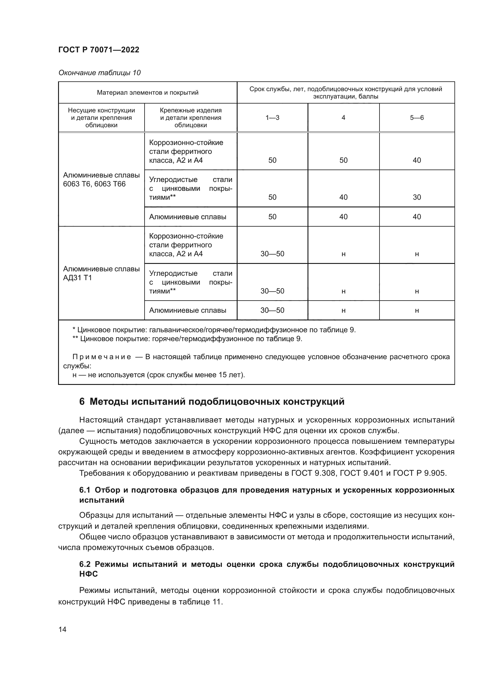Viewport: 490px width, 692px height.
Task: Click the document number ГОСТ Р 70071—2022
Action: tap(99, 50)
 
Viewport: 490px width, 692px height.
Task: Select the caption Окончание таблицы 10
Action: tap(99, 73)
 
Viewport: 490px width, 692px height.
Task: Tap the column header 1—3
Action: tap(272, 117)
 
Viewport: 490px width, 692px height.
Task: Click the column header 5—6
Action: tap(417, 117)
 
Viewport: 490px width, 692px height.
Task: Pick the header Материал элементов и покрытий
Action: tap(148, 93)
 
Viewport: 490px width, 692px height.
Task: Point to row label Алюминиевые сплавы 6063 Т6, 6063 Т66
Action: tap(101, 180)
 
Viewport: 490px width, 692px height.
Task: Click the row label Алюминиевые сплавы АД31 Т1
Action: tap(101, 273)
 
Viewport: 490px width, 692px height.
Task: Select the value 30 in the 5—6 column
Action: tap(417, 197)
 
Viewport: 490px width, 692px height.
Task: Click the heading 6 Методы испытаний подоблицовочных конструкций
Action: tap(212, 402)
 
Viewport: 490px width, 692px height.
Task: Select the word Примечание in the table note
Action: tap(102, 357)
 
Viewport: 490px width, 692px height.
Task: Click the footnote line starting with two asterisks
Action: tap(187, 339)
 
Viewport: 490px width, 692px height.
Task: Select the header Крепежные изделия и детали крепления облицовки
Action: tap(190, 117)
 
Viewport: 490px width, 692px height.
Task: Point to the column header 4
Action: tap(343, 117)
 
